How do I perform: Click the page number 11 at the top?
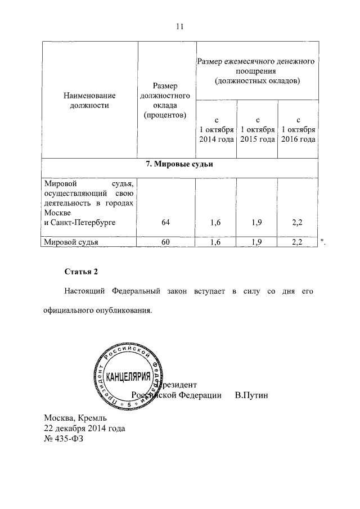180,26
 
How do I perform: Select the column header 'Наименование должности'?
89,100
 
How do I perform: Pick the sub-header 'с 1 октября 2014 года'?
216,130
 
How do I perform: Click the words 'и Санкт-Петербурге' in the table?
79,223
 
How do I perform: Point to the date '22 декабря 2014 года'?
84,429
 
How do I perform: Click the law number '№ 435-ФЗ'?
64,439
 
